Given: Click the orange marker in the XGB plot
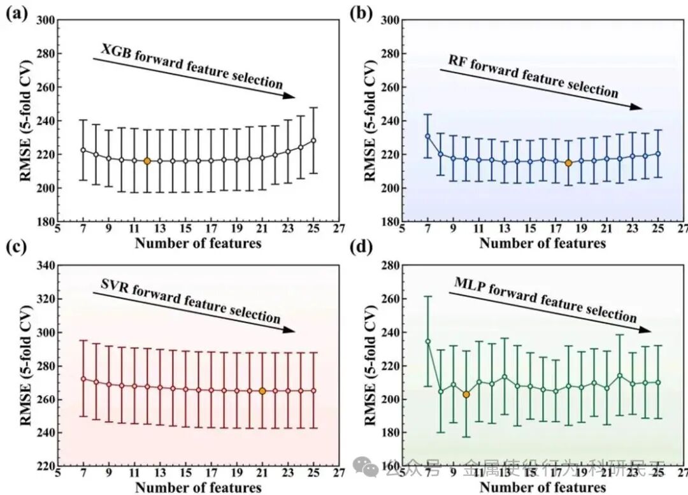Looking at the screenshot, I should (x=147, y=161).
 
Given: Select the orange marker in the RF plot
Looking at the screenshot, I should (x=568, y=163).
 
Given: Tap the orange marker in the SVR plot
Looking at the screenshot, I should (x=262, y=391).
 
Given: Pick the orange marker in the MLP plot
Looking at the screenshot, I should (x=466, y=394).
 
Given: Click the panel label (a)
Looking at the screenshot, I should (x=16, y=13).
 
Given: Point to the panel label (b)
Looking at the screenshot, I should (x=361, y=13).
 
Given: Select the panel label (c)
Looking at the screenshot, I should (x=16, y=247).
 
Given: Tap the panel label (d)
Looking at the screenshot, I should (x=361, y=247).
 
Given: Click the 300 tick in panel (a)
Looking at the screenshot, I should (x=45, y=20).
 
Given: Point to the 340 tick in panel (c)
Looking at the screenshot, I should (x=45, y=265).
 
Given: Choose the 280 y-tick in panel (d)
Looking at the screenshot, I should (x=390, y=265).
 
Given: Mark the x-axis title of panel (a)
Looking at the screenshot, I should (x=198, y=243).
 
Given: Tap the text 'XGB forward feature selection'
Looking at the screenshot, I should (x=191, y=66).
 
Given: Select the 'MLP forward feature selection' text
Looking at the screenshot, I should (x=545, y=300).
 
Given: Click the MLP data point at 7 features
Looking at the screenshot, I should (x=428, y=341).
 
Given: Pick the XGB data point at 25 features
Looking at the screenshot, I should (x=313, y=140).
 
